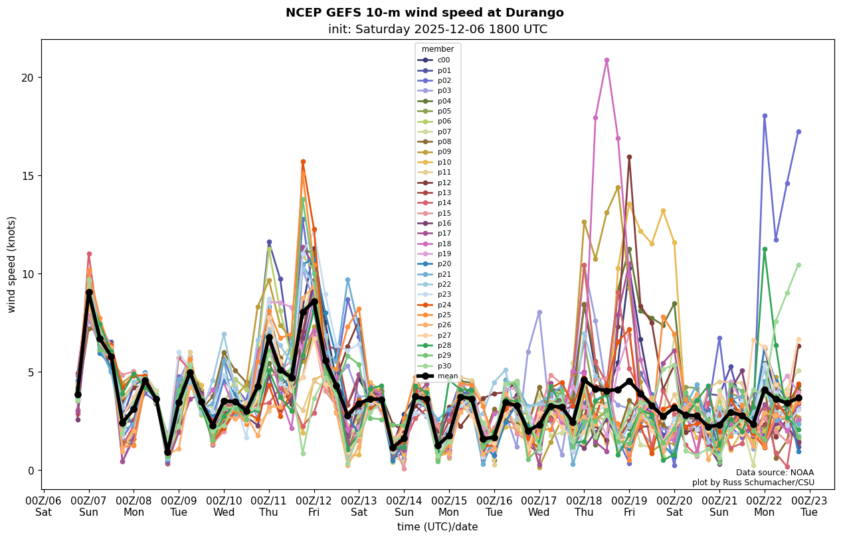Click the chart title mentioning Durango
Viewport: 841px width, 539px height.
pyautogui.click(x=424, y=13)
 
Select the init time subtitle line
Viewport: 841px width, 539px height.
pyautogui.click(x=438, y=29)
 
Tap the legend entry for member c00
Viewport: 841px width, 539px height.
pyautogui.click(x=443, y=60)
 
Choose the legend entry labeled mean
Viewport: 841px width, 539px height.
pyautogui.click(x=447, y=376)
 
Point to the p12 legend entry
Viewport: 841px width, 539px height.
pyautogui.click(x=444, y=183)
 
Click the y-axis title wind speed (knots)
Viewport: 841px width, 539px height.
pyautogui.click(x=11, y=264)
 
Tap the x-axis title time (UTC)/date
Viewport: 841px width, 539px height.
pyautogui.click(x=437, y=527)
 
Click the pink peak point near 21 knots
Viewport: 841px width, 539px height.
pyautogui.click(x=607, y=60)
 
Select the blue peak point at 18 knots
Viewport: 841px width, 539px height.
pyautogui.click(x=765, y=116)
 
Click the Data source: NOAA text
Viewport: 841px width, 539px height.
pyautogui.click(x=775, y=473)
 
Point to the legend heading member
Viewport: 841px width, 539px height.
pyautogui.click(x=438, y=49)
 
